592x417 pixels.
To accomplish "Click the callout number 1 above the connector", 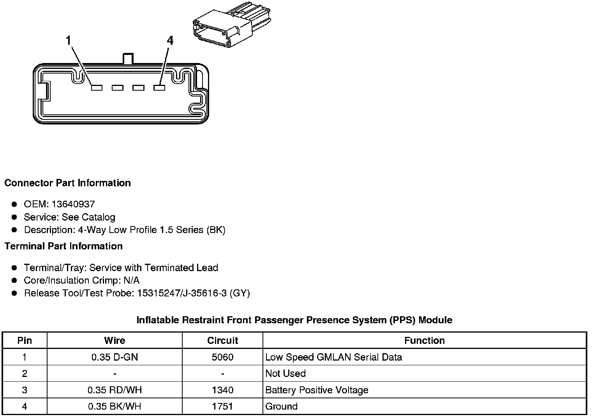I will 69,40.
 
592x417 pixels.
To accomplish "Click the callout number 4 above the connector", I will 170,40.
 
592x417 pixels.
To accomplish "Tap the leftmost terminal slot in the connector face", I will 97,88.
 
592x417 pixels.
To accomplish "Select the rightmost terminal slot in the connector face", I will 159,88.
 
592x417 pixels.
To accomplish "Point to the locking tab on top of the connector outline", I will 128,59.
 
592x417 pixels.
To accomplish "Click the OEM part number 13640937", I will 73,204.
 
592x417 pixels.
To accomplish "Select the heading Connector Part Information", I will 67,183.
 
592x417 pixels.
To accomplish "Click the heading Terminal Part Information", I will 63,246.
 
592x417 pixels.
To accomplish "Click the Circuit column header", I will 222,340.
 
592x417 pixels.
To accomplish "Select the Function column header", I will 424,340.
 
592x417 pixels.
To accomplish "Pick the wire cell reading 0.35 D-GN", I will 115,357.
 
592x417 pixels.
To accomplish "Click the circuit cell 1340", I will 222,390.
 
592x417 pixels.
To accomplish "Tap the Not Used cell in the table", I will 285,373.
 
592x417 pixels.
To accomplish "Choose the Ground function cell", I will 281,406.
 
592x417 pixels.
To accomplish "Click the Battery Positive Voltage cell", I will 317,390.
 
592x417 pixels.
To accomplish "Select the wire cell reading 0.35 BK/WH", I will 115,406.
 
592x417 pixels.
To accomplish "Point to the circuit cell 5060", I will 222,357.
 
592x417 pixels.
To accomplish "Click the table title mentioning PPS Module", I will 294,320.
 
